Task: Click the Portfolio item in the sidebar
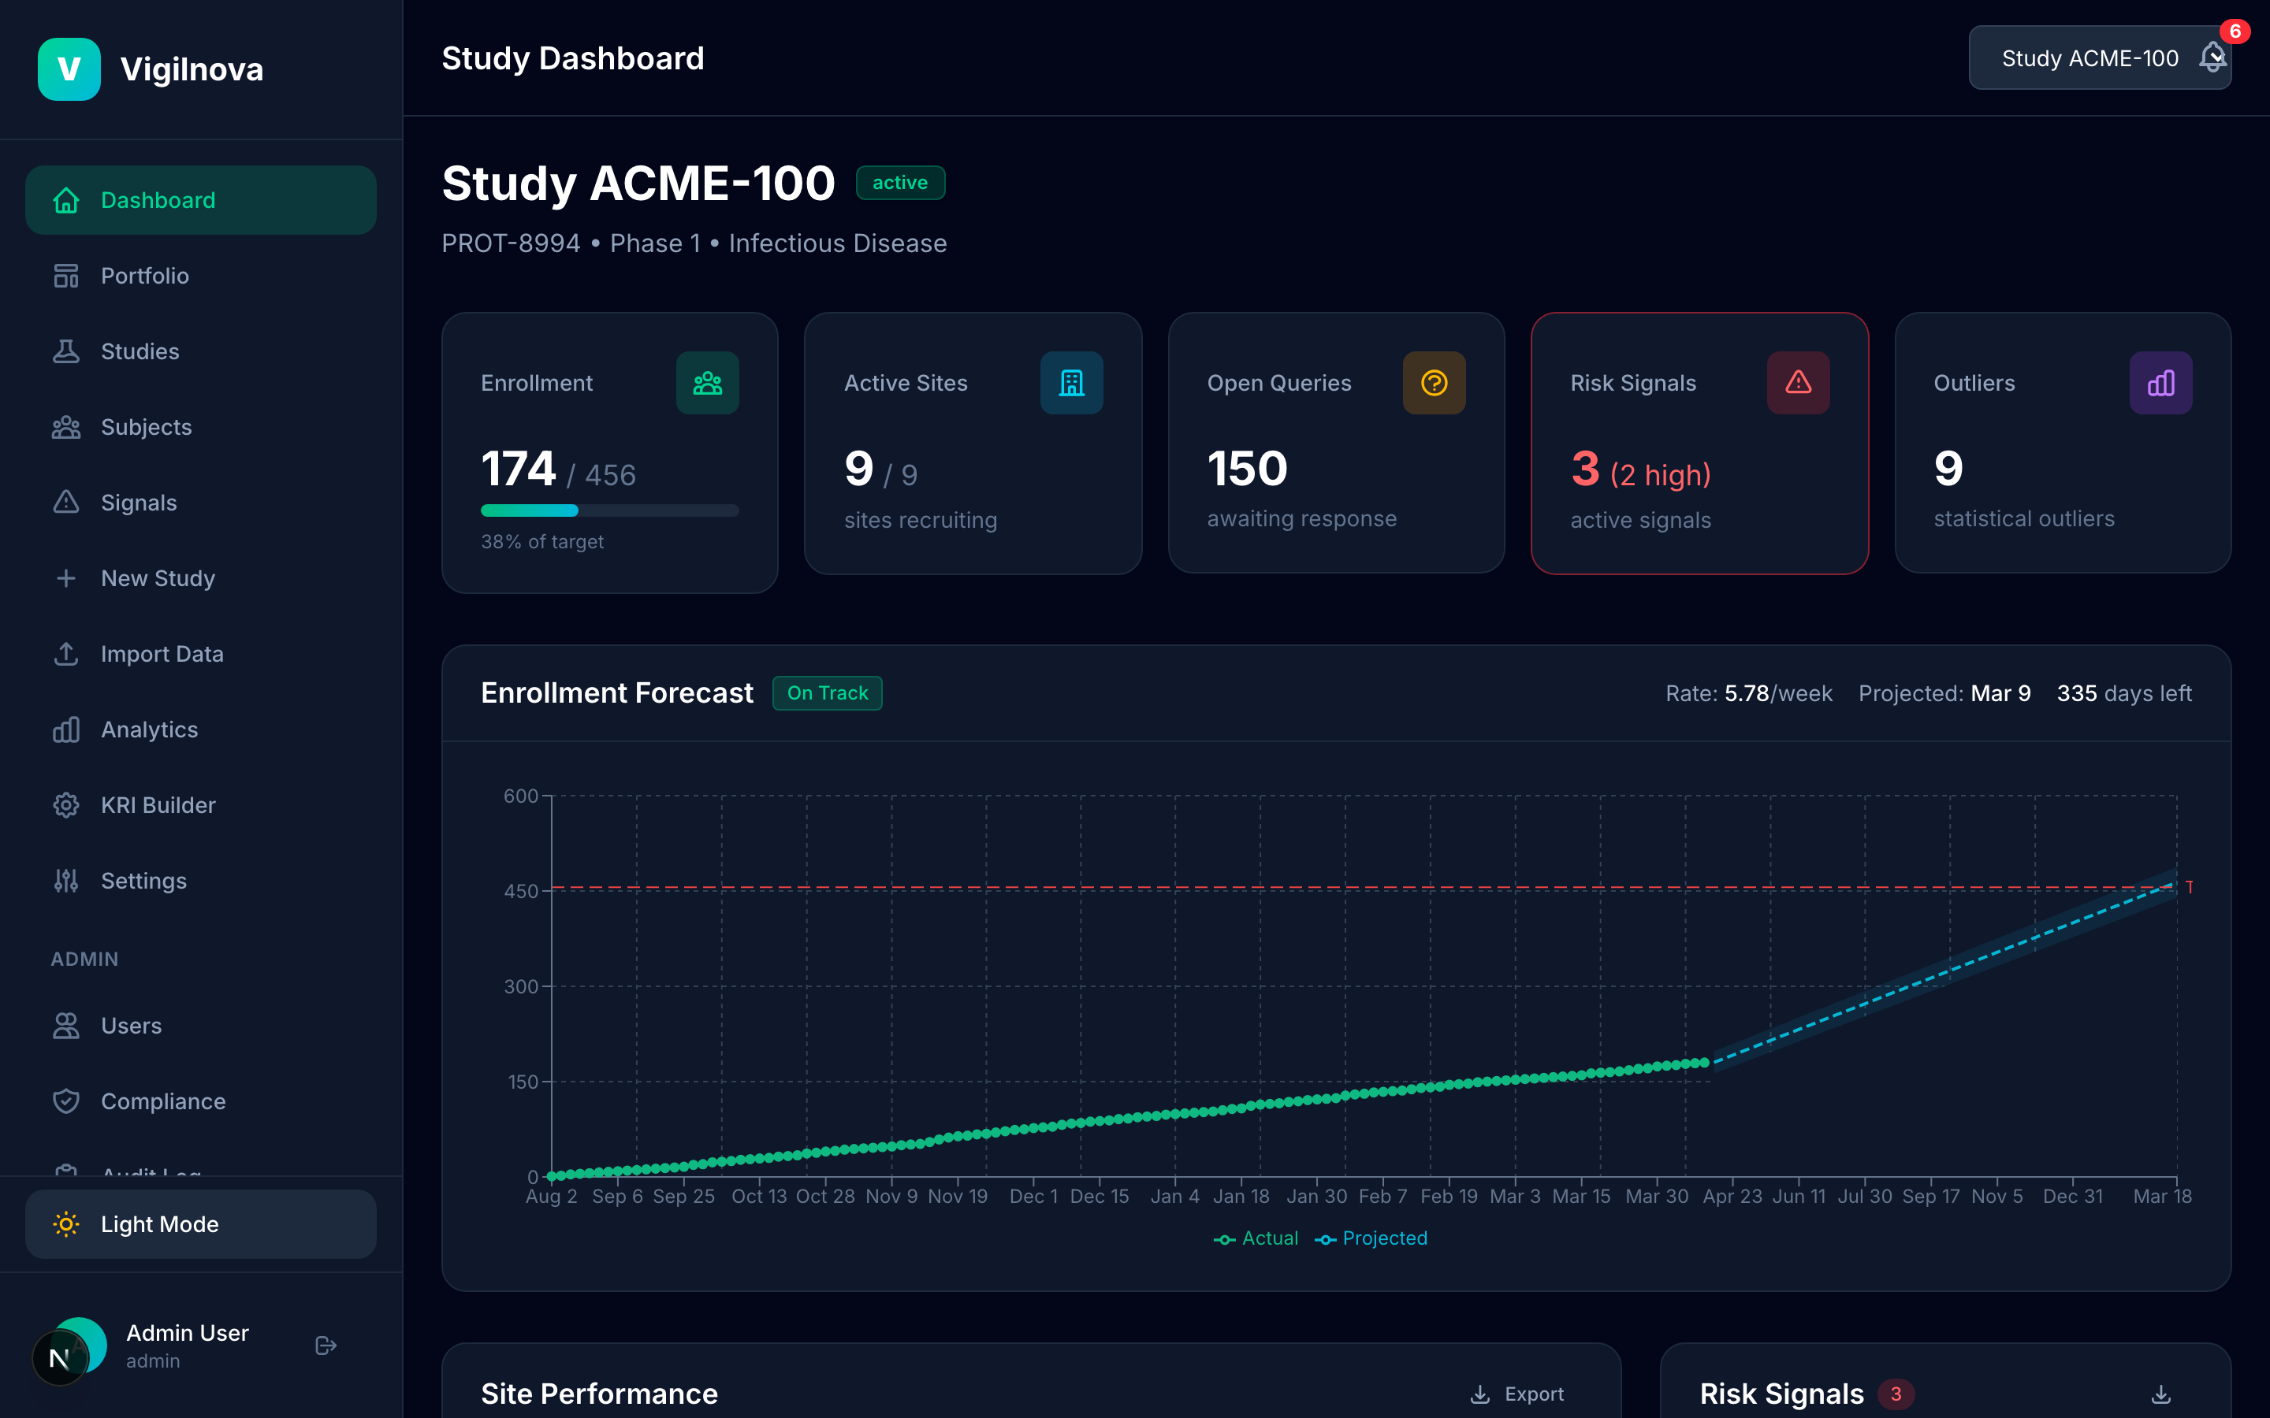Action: click(144, 276)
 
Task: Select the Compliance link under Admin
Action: click(162, 1101)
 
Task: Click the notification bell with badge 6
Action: click(2212, 58)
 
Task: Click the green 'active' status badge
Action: click(899, 183)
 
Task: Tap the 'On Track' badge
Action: click(826, 693)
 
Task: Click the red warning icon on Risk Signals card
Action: click(1797, 383)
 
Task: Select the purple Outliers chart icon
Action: click(2160, 383)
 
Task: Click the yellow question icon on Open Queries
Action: click(1433, 383)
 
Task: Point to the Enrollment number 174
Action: click(518, 469)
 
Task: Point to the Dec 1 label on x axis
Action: click(1033, 1197)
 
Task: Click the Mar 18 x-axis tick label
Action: click(2161, 1197)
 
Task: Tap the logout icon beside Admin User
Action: click(326, 1346)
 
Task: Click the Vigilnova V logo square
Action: click(69, 69)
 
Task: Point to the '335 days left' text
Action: click(2123, 693)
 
